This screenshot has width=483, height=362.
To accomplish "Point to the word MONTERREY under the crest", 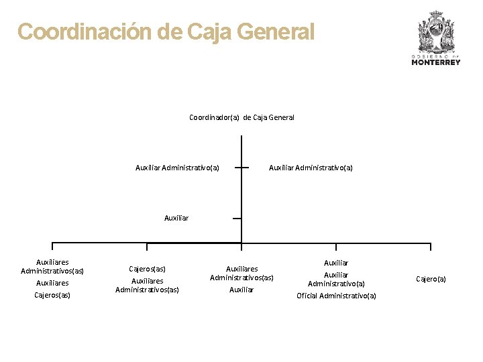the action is pos(436,62).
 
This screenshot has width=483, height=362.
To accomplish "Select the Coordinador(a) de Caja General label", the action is pos(241,117).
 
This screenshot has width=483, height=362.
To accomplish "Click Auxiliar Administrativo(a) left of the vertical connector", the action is pos(177,168).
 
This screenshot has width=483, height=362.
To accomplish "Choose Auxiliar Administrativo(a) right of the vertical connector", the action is pos(311,168).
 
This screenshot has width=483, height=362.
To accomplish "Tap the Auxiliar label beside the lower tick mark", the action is pos(176,218).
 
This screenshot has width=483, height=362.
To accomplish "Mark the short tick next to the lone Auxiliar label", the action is pos(237,218).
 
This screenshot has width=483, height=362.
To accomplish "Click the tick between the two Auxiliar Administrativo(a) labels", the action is pos(241,168).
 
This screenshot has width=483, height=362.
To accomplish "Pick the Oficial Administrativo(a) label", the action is pos(336,296).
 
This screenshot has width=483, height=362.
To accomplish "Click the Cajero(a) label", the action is pos(431,278).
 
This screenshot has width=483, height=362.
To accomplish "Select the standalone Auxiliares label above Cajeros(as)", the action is pos(52,283).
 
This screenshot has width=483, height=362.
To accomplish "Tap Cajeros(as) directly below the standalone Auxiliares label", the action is pos(52,295).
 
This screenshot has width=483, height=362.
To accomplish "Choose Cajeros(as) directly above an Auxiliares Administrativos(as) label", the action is pos(147,269).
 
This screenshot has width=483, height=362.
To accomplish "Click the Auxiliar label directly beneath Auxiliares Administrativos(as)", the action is pos(241,290).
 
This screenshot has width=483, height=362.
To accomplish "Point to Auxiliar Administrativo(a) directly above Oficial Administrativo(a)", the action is pos(336,279).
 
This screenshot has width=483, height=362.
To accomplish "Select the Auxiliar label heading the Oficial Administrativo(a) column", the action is pos(336,263).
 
